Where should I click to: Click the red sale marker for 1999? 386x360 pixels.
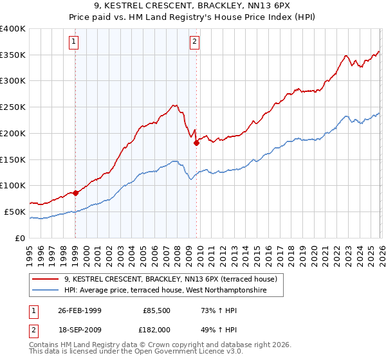click(76, 192)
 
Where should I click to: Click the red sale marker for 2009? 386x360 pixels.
click(196, 143)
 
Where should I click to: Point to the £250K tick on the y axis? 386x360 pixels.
click(13, 107)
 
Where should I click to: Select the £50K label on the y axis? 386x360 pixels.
click(15, 212)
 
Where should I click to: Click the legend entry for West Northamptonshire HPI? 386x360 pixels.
click(174, 291)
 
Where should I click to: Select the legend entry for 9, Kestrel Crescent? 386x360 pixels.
click(170, 279)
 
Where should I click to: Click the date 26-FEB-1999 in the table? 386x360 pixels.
click(80, 310)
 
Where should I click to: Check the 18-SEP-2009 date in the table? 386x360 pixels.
click(80, 330)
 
